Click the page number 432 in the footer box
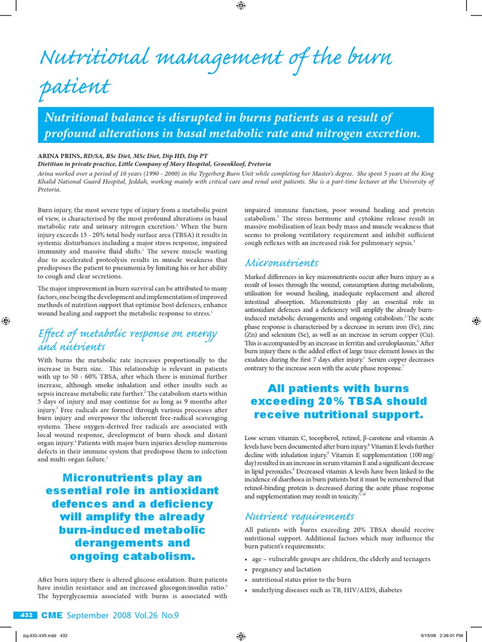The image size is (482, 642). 26,615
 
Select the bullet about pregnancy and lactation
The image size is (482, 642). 287,569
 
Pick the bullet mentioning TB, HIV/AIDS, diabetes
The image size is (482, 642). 326,590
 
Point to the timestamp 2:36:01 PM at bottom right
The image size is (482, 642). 446,634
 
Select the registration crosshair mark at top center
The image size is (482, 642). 241,6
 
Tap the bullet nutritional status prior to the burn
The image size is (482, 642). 301,580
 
